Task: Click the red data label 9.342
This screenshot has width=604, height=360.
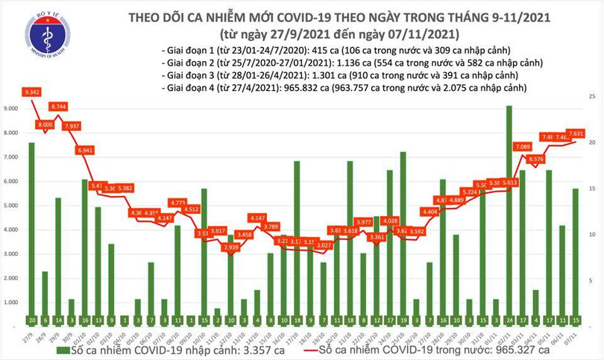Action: point(32,92)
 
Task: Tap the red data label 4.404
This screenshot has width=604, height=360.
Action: point(430,212)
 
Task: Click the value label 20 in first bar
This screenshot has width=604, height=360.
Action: point(31,320)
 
